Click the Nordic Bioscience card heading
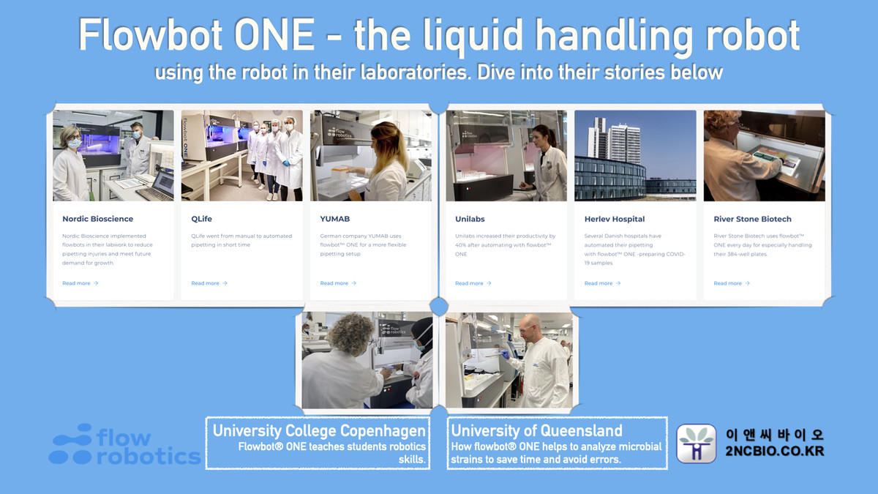click(97, 219)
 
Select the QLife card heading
click(201, 219)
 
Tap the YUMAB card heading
click(336, 219)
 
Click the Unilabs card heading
click(470, 219)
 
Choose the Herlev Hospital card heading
click(614, 219)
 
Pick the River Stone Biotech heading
click(752, 219)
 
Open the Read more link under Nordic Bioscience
click(80, 283)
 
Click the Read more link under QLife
click(209, 283)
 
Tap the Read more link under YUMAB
click(337, 283)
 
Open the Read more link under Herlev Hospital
click(601, 283)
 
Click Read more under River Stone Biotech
click(731, 283)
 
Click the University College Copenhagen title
click(319, 430)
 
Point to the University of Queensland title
click(536, 430)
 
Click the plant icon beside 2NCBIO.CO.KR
click(696, 444)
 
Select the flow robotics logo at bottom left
click(124, 446)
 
